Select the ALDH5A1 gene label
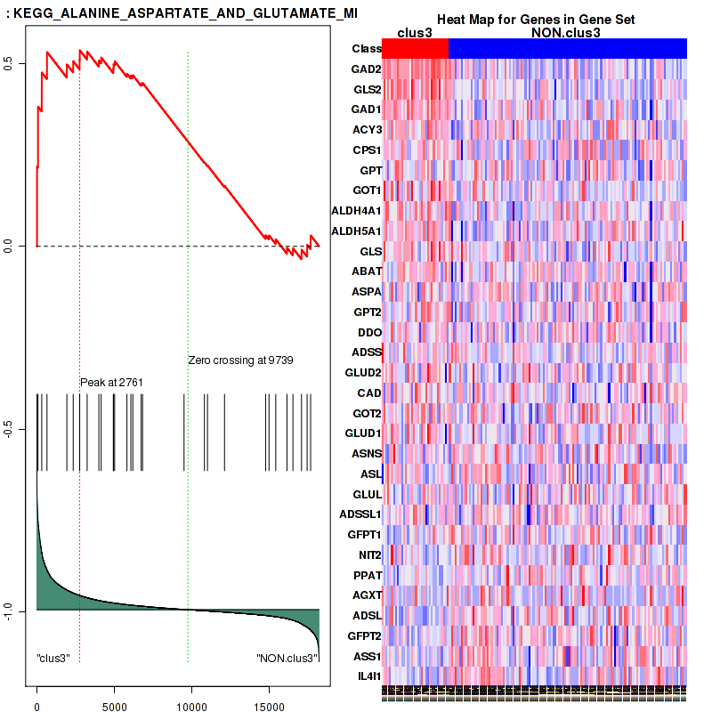point(356,231)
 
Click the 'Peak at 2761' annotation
point(112,383)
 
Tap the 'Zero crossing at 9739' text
point(240,360)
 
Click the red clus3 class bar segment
point(415,49)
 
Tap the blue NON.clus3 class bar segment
point(567,49)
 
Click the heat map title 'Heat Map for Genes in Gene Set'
point(534,20)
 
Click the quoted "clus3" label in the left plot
point(53,659)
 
